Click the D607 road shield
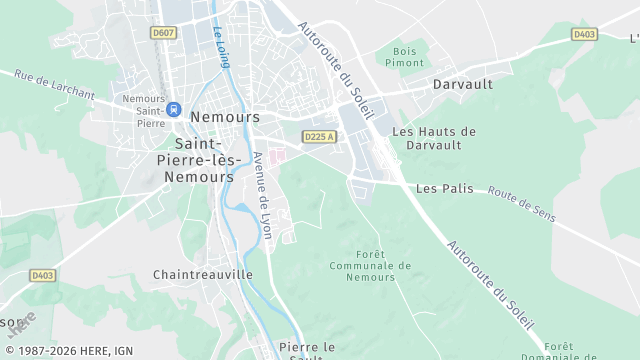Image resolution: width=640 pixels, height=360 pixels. click(163, 33)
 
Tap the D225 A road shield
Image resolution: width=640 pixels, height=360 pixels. click(318, 137)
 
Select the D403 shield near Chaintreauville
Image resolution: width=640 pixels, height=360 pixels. click(42, 275)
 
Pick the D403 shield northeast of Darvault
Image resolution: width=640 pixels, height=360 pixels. click(585, 34)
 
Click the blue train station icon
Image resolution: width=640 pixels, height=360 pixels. click(174, 109)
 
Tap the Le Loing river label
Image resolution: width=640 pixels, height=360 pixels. click(221, 47)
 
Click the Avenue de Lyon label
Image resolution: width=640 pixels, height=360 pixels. click(263, 194)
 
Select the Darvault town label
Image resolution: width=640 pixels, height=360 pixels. click(463, 85)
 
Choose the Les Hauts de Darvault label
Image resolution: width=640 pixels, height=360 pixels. click(434, 137)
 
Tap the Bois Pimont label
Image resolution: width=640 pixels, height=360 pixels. click(405, 56)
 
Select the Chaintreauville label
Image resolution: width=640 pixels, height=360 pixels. click(203, 274)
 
